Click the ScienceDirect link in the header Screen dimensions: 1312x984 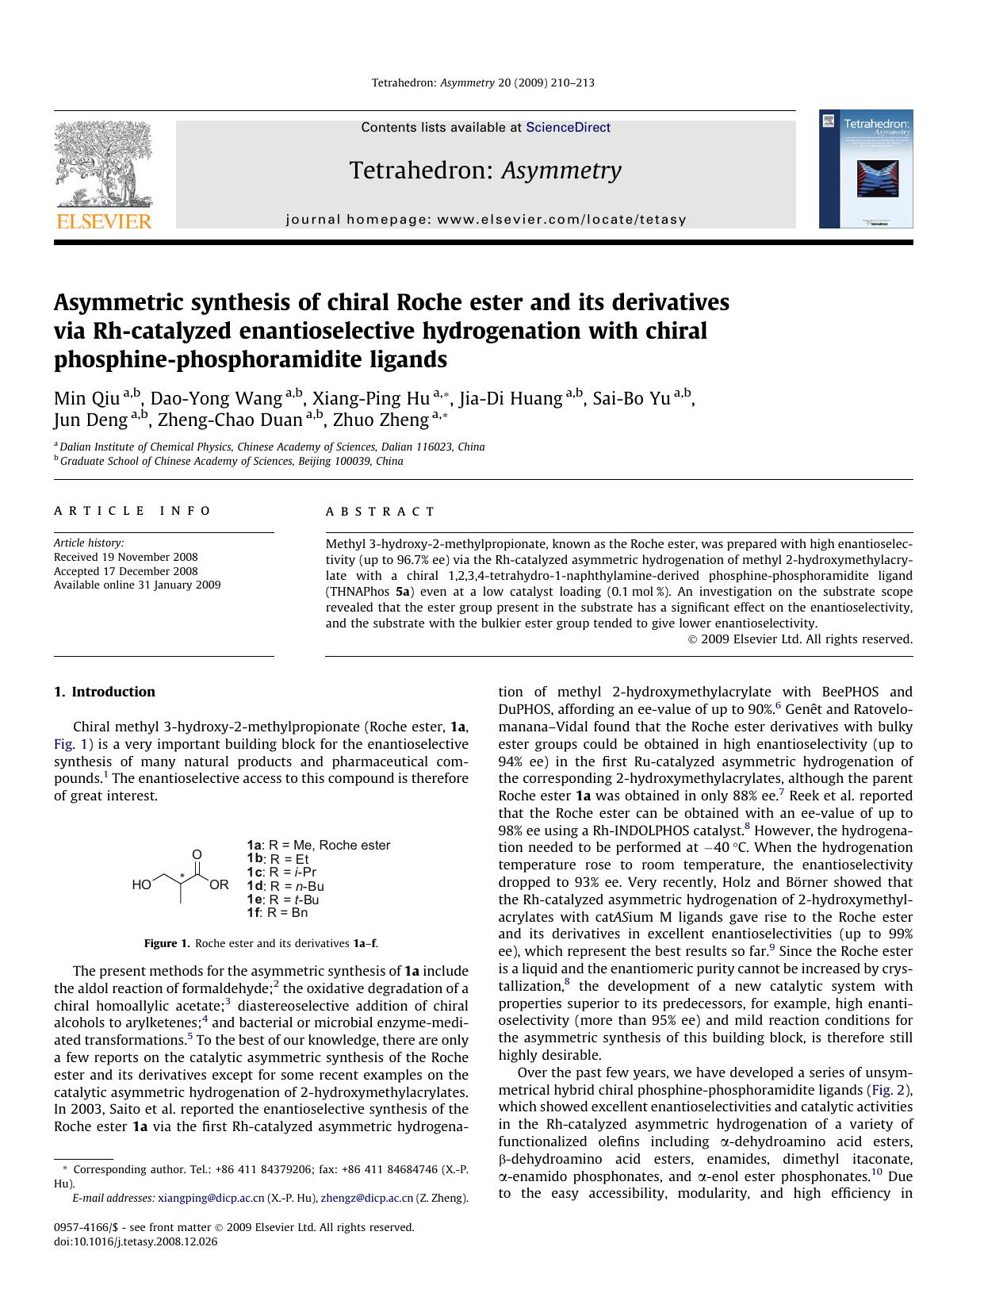tap(568, 127)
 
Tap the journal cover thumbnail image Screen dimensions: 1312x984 tap(866, 169)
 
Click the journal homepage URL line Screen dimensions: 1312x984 tap(485, 220)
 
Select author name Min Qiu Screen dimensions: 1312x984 tap(86, 398)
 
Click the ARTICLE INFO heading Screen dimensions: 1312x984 tap(132, 511)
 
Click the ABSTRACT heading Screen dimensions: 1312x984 tap(381, 512)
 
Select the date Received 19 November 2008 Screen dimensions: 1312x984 tap(125, 557)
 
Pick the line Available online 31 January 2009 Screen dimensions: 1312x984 tap(137, 585)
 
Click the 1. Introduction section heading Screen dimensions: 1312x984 tap(105, 692)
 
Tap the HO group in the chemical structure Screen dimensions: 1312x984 tap(141, 884)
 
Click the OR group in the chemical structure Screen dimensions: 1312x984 tap(220, 884)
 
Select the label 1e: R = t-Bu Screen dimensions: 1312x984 tap(282, 900)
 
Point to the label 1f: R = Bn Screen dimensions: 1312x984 tap(277, 913)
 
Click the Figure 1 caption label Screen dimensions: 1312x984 tap(167, 943)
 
